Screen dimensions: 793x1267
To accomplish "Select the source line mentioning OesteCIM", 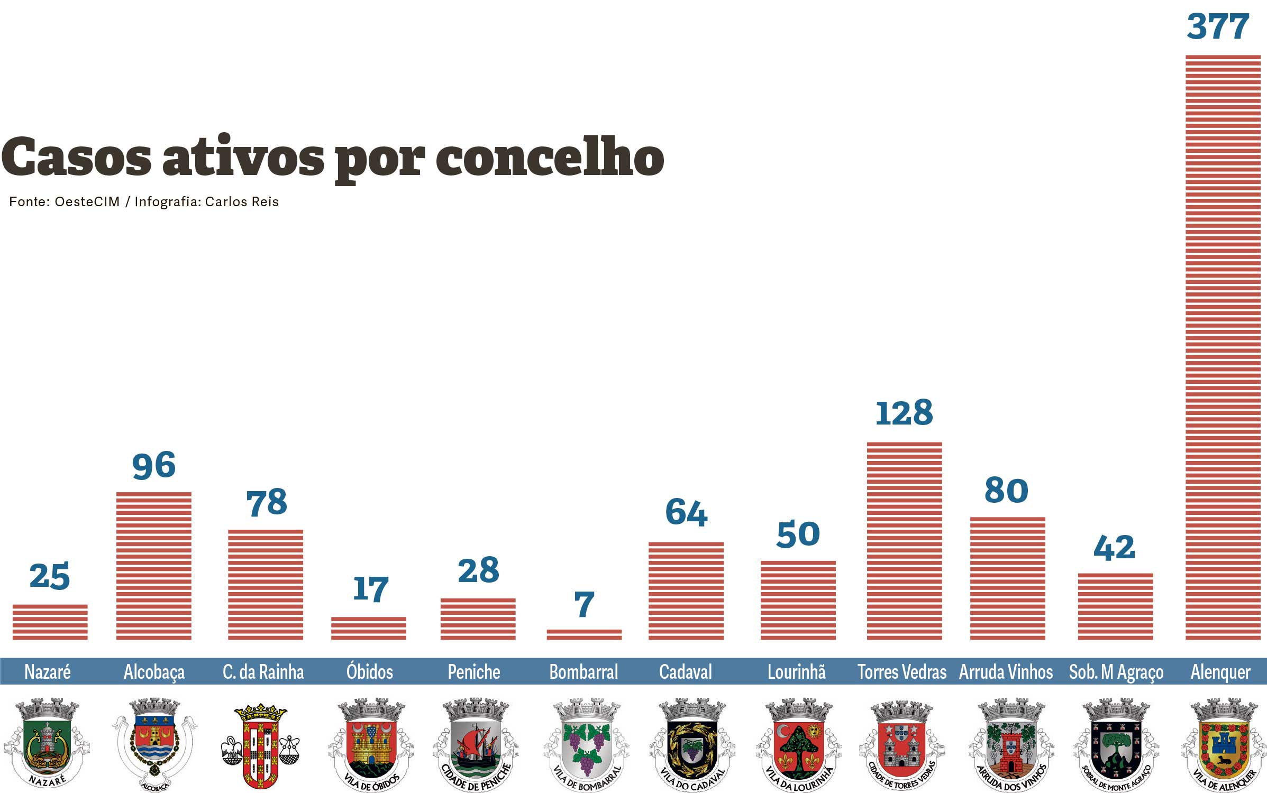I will pos(143,202).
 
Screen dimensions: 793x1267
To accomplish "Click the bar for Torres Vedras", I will pos(904,541).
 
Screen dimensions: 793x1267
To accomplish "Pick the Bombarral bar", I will pos(584,634).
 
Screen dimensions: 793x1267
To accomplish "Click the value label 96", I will pos(153,466).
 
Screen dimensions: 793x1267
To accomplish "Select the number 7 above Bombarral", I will pos(584,604).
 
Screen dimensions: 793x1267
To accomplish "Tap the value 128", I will pos(904,413).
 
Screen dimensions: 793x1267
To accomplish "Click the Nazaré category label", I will pos(48,672).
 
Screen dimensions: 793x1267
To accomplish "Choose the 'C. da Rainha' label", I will pos(263,672).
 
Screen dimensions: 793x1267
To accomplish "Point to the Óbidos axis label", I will pos(370,672).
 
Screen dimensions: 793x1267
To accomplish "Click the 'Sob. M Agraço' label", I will pos(1116,672).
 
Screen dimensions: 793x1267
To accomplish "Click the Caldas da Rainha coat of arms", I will pos(260,745).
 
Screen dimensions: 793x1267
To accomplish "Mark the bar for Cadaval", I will pos(686,591).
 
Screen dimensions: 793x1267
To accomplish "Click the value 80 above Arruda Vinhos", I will pos(1006,491).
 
